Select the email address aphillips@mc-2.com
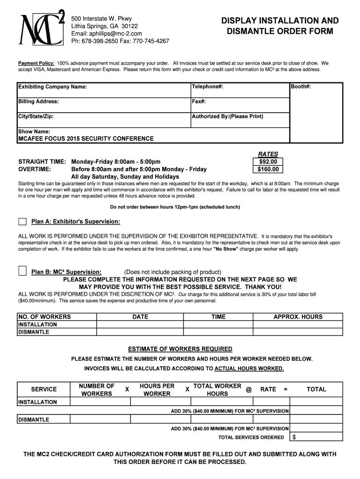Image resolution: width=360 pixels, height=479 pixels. click(106, 34)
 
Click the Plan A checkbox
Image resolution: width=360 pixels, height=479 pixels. click(22, 221)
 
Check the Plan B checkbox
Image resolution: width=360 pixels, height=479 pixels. click(22, 272)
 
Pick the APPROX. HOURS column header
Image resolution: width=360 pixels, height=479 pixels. click(298, 317)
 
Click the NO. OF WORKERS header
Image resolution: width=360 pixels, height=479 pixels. click(44, 317)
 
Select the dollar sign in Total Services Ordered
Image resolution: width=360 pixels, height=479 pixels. click(294, 437)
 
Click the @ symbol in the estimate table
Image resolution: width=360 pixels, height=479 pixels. click(249, 389)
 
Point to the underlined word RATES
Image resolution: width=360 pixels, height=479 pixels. click(268, 154)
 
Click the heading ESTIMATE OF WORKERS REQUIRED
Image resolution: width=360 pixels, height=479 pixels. click(180, 349)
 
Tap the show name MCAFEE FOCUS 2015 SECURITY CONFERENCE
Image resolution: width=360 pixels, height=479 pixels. click(86, 138)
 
